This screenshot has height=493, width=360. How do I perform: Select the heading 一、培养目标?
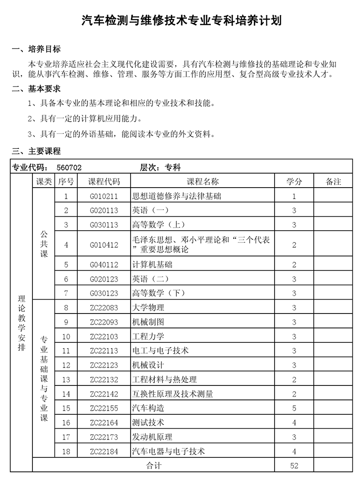[x=36, y=49]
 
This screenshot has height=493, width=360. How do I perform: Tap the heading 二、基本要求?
[x=36, y=89]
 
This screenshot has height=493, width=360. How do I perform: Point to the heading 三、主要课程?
[x=36, y=151]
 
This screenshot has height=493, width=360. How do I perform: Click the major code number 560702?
[x=69, y=168]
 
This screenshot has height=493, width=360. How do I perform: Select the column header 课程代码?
[x=104, y=182]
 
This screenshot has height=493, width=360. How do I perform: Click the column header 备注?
[x=333, y=182]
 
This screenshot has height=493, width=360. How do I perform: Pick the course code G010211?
[x=104, y=196]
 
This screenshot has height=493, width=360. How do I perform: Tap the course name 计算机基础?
[x=153, y=264]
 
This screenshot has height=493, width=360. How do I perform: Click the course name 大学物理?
[x=148, y=308]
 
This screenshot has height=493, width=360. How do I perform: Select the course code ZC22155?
[x=104, y=408]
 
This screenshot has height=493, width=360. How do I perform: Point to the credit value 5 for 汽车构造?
[x=294, y=408]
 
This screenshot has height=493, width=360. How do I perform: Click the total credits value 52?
[x=294, y=466]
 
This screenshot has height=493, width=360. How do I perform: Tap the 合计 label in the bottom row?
[x=154, y=466]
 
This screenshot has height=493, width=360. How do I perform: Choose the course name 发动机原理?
[x=153, y=437]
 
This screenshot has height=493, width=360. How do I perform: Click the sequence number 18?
[x=66, y=451]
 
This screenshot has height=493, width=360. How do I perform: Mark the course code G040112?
[x=104, y=264]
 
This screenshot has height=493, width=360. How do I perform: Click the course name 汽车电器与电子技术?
[x=169, y=451]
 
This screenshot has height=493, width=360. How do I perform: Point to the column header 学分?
[x=294, y=182]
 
